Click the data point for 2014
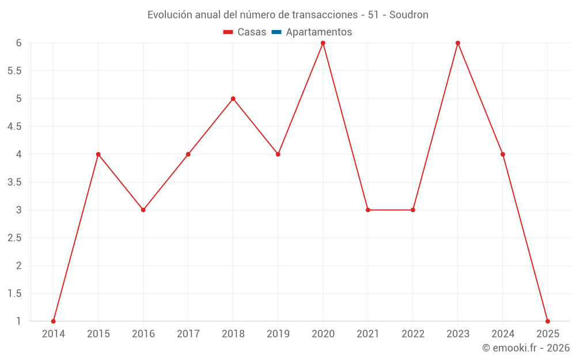tap(54, 321)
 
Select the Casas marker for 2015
tap(98, 154)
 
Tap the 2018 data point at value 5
tap(233, 98)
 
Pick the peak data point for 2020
tap(323, 43)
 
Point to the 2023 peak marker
tap(458, 43)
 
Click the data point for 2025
tap(548, 321)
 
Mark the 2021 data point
tap(368, 210)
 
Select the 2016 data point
tap(143, 210)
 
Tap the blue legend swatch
tap(276, 32)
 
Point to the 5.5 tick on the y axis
tap(14, 71)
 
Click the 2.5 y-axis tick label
tap(14, 238)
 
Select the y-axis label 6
tap(18, 43)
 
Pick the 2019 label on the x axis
tap(278, 334)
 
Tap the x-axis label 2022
tap(413, 334)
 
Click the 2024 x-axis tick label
tap(503, 334)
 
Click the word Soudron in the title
tap(408, 15)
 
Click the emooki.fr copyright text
tap(526, 348)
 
